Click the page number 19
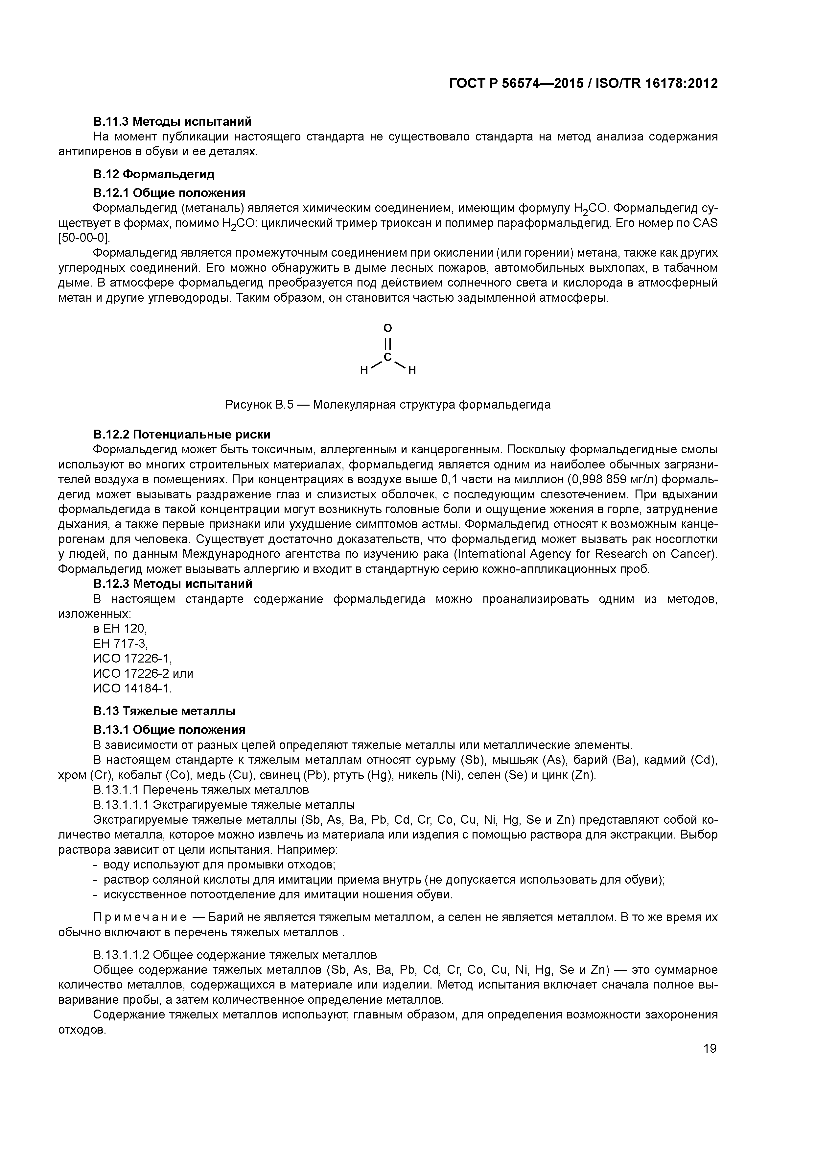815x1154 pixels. (710, 1048)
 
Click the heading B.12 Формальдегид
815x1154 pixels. (154, 174)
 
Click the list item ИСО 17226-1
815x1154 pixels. (132, 659)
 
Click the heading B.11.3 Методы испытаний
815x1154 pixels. (172, 122)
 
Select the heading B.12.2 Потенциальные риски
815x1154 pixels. (182, 434)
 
